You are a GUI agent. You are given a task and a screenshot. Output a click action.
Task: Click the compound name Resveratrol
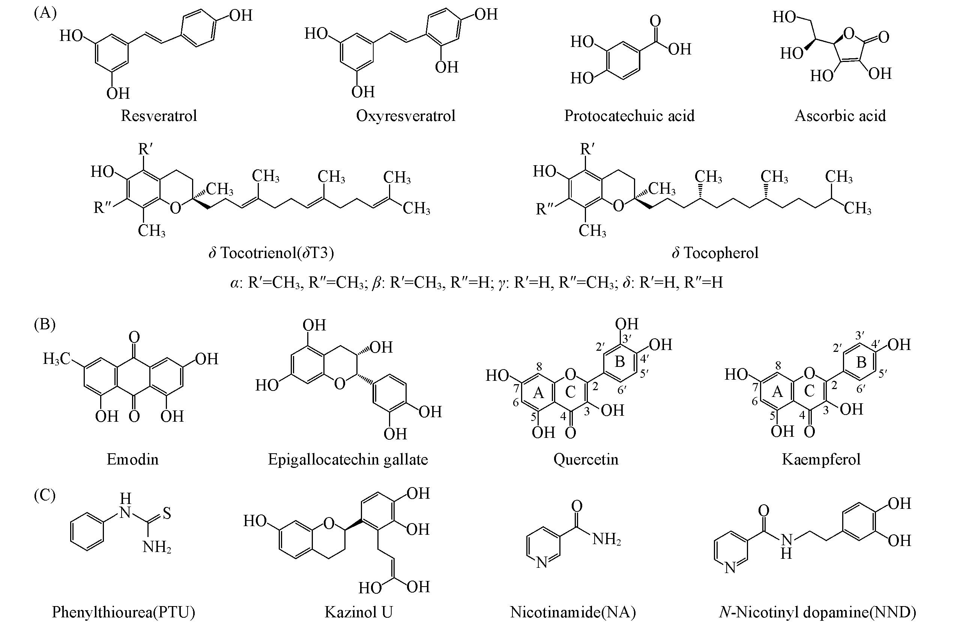tap(159, 116)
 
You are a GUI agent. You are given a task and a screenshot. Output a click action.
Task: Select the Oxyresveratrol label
tap(406, 116)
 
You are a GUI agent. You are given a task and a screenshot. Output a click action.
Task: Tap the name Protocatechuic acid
tap(629, 116)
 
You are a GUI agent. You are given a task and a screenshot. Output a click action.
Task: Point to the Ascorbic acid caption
tap(840, 116)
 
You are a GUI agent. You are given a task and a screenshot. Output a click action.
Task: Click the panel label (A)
tap(45, 13)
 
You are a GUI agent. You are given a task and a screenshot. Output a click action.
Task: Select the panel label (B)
tap(45, 324)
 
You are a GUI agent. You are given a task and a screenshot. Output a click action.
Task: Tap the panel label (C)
tap(45, 495)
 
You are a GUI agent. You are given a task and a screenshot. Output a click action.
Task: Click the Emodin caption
tap(132, 459)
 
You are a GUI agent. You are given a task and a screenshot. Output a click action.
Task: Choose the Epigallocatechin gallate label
tap(347, 459)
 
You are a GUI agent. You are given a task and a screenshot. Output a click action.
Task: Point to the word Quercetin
tap(586, 459)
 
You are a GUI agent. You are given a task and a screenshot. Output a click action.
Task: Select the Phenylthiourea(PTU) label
tap(123, 612)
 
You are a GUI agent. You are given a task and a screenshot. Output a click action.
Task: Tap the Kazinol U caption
tap(359, 612)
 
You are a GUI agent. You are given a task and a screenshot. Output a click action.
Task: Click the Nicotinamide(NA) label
tap(572, 612)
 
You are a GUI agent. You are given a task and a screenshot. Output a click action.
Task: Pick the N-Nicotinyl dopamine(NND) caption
tap(817, 612)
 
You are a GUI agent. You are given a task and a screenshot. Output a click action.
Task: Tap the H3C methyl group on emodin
tap(57, 359)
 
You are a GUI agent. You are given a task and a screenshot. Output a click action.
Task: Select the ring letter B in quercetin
tap(619, 362)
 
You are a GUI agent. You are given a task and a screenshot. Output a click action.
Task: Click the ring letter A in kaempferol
tap(777, 392)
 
